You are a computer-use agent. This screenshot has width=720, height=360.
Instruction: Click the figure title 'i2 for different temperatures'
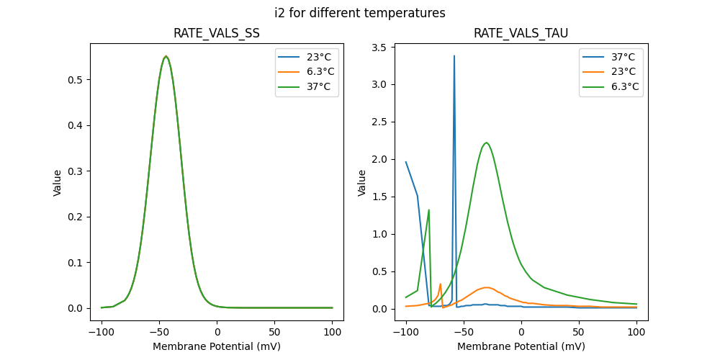(x=360, y=13)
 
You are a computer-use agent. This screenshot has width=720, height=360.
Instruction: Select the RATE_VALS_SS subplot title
(x=217, y=33)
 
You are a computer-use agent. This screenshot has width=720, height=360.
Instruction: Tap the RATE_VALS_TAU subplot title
(x=521, y=33)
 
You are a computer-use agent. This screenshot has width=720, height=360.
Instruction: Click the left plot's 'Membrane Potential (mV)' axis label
(x=217, y=346)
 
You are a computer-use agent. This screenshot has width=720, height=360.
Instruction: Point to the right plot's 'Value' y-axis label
(x=362, y=182)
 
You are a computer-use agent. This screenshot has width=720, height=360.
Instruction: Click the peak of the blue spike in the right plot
(x=454, y=55)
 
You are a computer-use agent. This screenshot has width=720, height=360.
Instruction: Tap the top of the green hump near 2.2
(x=487, y=143)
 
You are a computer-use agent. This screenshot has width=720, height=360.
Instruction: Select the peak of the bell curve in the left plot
(x=166, y=56)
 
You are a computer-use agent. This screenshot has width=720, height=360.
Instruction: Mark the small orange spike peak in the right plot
(x=440, y=284)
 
